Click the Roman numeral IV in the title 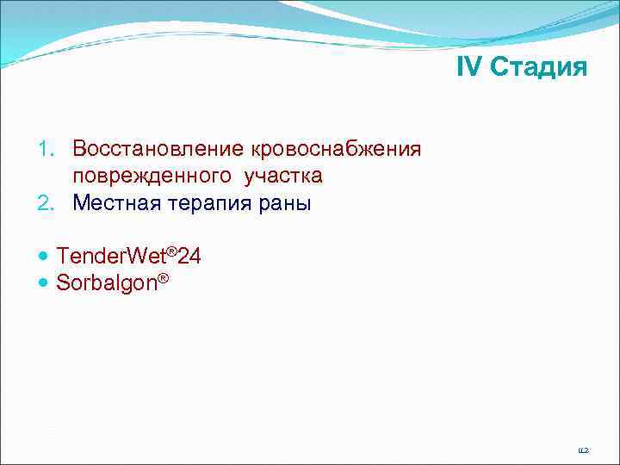tap(469, 68)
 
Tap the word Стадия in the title tap(539, 68)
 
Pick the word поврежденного tap(151, 176)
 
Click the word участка tap(283, 176)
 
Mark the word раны tap(285, 203)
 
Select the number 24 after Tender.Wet tap(189, 255)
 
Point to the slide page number tap(583, 449)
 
